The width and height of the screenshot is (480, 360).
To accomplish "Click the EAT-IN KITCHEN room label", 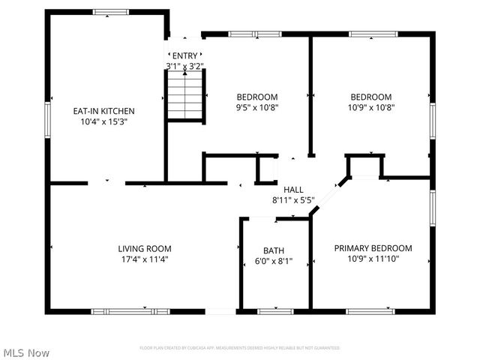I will (x=103, y=111).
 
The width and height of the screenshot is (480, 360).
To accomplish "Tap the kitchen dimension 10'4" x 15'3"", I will (x=103, y=121).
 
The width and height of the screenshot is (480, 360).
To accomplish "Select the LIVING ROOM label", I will (x=145, y=249).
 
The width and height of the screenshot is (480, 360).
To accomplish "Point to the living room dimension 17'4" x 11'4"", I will (x=145, y=259).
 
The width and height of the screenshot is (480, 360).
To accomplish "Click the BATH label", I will (x=274, y=250).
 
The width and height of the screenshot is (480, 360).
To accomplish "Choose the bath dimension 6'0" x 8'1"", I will (x=274, y=262).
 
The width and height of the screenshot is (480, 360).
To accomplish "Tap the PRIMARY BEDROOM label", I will (x=373, y=248).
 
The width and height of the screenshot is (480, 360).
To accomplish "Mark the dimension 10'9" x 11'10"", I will (x=373, y=259).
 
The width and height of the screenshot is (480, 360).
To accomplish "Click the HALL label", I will (x=292, y=190).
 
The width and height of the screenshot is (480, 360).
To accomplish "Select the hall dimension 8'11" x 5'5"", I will (x=292, y=200).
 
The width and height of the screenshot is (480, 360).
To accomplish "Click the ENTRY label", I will (x=184, y=56).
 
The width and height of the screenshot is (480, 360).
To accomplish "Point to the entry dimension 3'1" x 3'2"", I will (x=184, y=66).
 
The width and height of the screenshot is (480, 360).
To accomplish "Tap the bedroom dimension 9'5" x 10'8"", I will (x=257, y=107).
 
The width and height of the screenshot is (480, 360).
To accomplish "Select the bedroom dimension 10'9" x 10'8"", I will (x=371, y=107).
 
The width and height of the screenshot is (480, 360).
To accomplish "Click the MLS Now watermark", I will (x=26, y=352).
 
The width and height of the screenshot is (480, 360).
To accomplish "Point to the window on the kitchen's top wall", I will (x=110, y=12).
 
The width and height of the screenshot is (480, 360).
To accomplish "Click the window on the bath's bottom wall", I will (x=274, y=310).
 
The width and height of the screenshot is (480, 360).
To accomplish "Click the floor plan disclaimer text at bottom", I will (x=240, y=348).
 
